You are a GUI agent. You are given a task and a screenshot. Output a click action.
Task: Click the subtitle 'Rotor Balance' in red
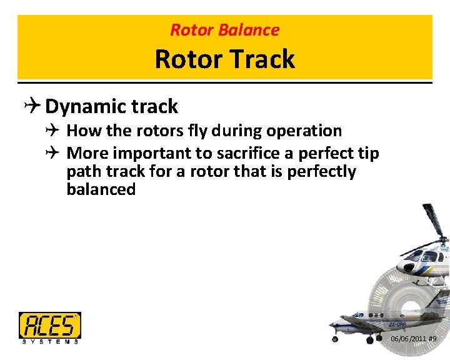225,29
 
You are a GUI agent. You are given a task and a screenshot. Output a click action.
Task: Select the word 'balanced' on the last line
101,189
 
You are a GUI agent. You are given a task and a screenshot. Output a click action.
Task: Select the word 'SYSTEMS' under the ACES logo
50,341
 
